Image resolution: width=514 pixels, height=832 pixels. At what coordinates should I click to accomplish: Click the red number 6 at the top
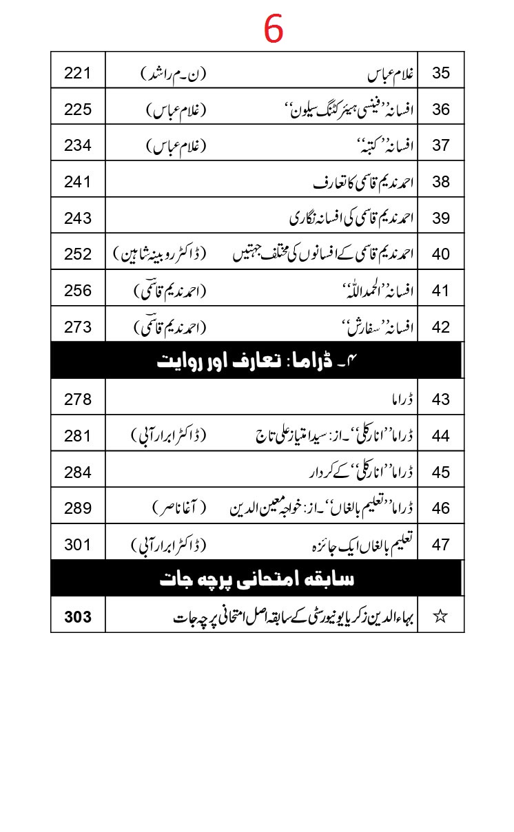coord(273,29)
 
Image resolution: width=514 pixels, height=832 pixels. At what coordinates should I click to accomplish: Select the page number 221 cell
coord(78,72)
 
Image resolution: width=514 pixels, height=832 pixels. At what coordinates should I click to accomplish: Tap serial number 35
coord(441,72)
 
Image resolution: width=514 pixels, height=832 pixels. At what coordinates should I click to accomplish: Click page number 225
coord(78,109)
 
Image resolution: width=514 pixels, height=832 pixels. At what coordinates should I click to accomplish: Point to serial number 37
coord(441,145)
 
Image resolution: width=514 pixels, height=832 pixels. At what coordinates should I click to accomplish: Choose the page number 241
coord(78,182)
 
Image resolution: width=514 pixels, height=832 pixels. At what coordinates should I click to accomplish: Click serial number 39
coord(441,218)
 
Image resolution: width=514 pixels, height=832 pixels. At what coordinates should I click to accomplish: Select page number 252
coord(78,254)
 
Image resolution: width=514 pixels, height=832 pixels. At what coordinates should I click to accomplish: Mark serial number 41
coord(441,291)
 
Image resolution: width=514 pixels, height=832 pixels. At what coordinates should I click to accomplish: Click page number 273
coord(78,327)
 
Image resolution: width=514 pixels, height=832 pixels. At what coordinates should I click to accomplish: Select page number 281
coord(78,435)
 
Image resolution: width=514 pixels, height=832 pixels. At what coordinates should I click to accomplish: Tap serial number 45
coord(441,472)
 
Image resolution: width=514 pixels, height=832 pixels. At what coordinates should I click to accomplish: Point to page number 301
coord(78,545)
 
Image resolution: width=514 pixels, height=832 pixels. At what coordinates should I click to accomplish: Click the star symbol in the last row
coord(440,616)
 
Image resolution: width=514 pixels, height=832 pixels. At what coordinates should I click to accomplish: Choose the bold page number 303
coord(78,616)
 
